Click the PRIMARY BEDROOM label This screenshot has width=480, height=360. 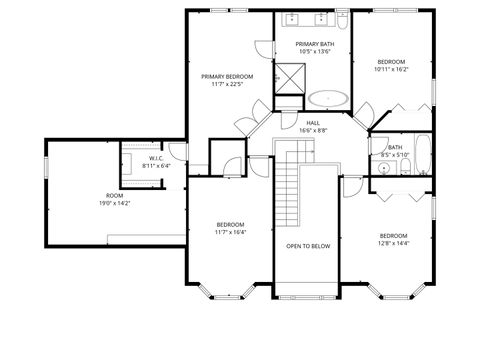tap(227, 76)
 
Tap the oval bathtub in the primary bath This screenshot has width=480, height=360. tap(328, 99)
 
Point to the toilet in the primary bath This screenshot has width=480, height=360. tap(342, 19)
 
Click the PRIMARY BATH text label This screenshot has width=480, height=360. tap(313, 44)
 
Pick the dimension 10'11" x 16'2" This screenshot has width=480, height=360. tap(390, 70)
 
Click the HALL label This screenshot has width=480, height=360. tap(313, 122)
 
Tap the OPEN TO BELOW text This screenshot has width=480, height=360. tap(307, 245)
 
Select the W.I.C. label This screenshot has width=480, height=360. tap(156, 158)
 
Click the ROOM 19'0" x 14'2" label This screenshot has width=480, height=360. tap(114, 198)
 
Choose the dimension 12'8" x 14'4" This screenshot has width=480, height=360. tap(393, 243)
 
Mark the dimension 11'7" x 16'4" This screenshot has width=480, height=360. tap(230, 232)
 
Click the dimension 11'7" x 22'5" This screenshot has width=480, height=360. tap(227, 84)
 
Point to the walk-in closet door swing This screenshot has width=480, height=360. tap(176, 152)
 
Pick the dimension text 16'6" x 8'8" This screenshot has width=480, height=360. tap(313, 130)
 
